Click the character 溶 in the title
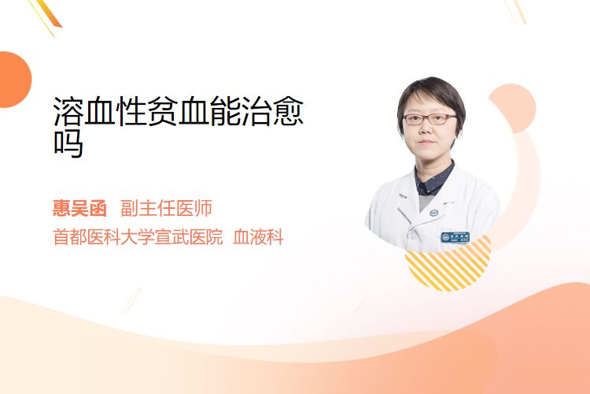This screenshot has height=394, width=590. tap(68, 111)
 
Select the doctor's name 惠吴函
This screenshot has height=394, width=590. tap(79, 208)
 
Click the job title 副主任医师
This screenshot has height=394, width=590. tap(166, 208)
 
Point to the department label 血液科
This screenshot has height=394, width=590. tap(258, 237)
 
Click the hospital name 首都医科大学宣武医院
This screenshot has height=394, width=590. tap(138, 237)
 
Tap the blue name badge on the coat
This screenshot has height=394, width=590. tap(455, 237)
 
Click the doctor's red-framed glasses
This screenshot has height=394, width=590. tap(430, 120)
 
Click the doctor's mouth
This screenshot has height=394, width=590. tap(426, 142)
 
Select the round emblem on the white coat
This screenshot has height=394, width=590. tap(434, 213)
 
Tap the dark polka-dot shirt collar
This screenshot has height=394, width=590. tap(433, 180)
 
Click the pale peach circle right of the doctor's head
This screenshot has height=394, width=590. tap(516, 108)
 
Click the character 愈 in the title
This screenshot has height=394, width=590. tap(288, 111)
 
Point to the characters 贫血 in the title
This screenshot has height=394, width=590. tap(163, 111)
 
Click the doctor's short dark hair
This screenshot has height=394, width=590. tap(431, 95)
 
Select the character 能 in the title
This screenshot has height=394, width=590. tap(226, 111)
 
